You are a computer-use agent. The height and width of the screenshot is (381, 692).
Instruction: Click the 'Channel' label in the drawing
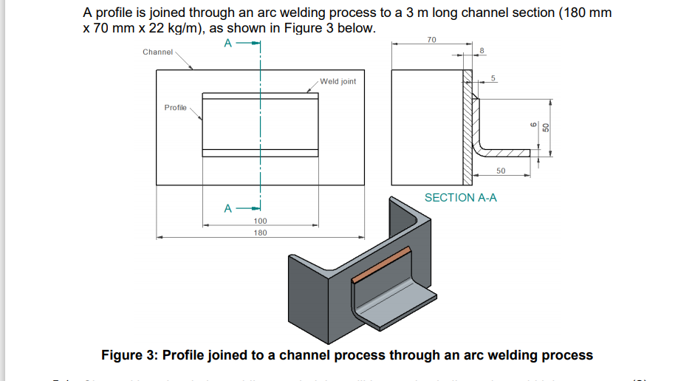[x=157, y=52]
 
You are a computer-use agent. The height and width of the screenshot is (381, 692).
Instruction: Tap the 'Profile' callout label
[x=175, y=108]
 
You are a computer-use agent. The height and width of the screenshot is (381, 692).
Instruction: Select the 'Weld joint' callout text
[x=338, y=82]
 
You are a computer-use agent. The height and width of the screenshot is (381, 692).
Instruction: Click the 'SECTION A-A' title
[x=461, y=198]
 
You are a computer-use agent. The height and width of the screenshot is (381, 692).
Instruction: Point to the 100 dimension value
[x=260, y=222]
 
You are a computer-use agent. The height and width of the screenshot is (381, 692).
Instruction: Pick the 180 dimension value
[x=260, y=233]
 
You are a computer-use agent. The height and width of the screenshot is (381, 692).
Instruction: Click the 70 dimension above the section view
[x=432, y=38]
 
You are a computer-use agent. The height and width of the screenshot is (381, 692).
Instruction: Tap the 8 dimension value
[x=482, y=50]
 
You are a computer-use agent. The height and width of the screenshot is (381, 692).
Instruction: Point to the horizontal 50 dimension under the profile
[x=501, y=171]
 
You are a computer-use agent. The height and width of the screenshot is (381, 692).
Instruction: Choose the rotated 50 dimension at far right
[x=546, y=126]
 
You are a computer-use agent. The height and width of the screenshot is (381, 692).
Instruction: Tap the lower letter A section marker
[x=228, y=207]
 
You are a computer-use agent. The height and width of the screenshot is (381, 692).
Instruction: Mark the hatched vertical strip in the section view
[x=467, y=129]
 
